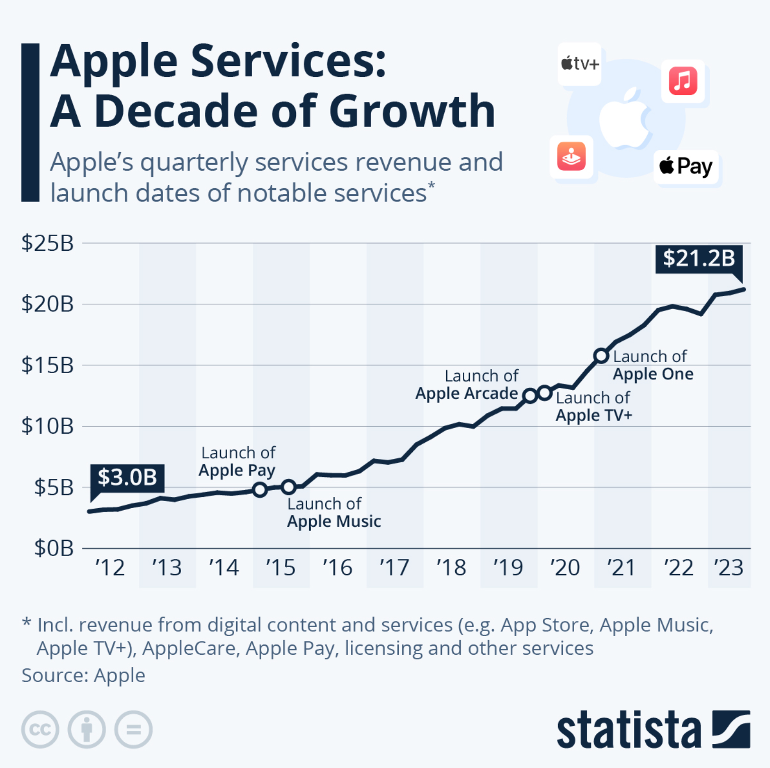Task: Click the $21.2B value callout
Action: [x=698, y=259]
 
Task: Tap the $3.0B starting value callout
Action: [x=127, y=477]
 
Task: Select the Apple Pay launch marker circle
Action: [x=260, y=490]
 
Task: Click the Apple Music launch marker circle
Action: [x=289, y=486]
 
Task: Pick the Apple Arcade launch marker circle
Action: [x=530, y=395]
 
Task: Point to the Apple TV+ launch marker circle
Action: [x=545, y=393]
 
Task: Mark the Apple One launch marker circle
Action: [x=601, y=356]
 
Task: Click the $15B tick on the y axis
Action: [x=47, y=366]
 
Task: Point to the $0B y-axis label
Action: [x=54, y=549]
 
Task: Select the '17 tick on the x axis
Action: [x=394, y=567]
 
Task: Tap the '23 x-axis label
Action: [x=729, y=567]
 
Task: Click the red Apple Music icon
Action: [x=683, y=81]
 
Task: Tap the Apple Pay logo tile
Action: [x=686, y=167]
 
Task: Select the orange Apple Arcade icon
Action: [x=571, y=156]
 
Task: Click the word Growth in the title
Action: [x=412, y=112]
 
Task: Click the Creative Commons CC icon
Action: [x=40, y=729]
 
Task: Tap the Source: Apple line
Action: [x=83, y=676]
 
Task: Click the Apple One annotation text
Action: [x=652, y=365]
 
